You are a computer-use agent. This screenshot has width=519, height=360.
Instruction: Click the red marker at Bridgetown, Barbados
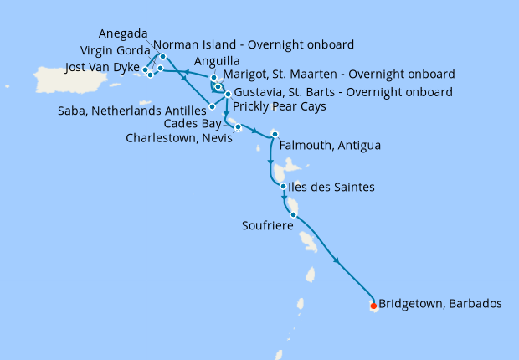(373, 306)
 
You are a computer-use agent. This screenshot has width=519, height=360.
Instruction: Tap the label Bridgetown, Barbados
(440, 304)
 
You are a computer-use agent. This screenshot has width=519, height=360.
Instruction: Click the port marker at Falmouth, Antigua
(275, 134)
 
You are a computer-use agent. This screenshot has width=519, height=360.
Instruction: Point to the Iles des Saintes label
(333, 187)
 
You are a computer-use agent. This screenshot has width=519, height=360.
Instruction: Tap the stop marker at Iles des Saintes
(284, 187)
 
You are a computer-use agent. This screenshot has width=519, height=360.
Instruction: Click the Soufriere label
(267, 225)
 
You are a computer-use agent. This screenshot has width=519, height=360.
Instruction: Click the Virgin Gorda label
(115, 49)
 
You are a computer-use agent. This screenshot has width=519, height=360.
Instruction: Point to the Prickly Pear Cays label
(279, 106)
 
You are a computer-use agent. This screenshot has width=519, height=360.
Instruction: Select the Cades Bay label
(191, 123)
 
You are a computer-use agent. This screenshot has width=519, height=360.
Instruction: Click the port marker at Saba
(212, 106)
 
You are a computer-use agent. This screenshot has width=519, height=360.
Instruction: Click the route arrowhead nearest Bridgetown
(337, 261)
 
